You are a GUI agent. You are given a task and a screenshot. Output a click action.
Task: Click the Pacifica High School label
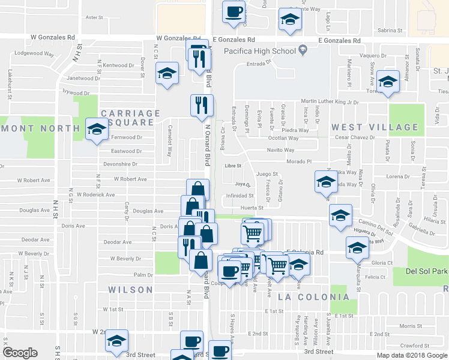click(260, 51)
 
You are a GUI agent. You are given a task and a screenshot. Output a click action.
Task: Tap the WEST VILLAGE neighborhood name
click(375, 127)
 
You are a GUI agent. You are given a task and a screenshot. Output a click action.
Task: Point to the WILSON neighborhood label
click(130, 290)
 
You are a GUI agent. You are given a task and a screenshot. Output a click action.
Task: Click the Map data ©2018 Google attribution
click(412, 355)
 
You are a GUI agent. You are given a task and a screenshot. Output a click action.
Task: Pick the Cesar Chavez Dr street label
click(355, 137)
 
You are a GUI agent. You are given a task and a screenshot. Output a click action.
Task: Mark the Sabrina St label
click(390, 29)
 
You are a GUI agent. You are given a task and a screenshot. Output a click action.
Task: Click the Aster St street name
click(95, 17)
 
